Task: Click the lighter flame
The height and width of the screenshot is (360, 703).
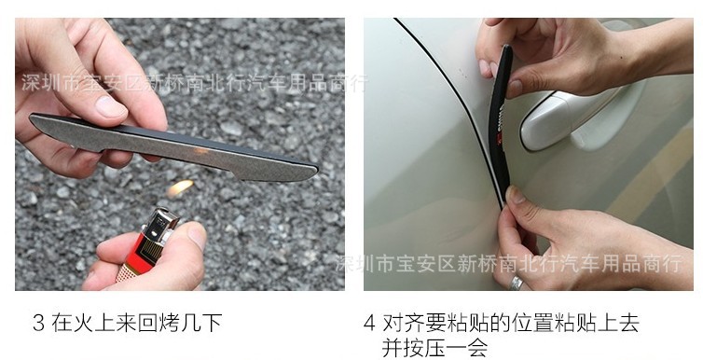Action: coord(180,187)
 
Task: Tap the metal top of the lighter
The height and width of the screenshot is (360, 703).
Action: coord(159,223)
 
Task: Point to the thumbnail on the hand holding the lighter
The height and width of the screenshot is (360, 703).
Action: coord(198,234)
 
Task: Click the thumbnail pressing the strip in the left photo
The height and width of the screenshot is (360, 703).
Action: coord(110,106)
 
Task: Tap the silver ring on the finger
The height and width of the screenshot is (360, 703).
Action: coord(516,283)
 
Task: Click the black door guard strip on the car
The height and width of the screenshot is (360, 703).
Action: coord(501,121)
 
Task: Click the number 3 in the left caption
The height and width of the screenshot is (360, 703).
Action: coord(38,323)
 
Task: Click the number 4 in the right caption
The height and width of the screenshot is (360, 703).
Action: coord(369,323)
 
